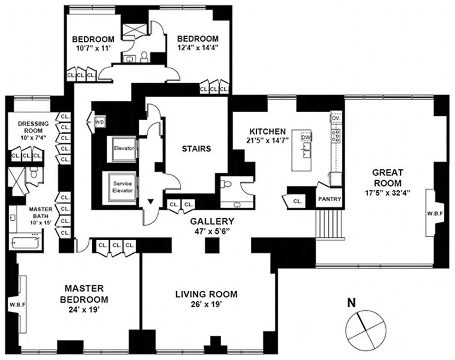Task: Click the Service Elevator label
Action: [x=123, y=187]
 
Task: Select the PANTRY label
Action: [x=330, y=199]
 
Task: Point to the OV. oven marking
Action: [x=336, y=118]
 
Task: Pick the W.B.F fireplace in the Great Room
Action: [x=435, y=213]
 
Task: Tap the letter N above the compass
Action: [x=352, y=303]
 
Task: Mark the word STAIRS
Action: [x=196, y=148]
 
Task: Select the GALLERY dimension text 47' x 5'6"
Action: [x=212, y=232]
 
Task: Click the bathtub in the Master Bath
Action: [x=25, y=242]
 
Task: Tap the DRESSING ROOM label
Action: [x=33, y=127]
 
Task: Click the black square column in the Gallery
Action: [x=212, y=246]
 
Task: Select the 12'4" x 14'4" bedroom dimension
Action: [x=197, y=47]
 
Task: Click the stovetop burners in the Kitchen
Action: [x=336, y=135]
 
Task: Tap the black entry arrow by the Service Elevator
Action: [x=150, y=201]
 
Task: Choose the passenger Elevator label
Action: [x=124, y=148]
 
